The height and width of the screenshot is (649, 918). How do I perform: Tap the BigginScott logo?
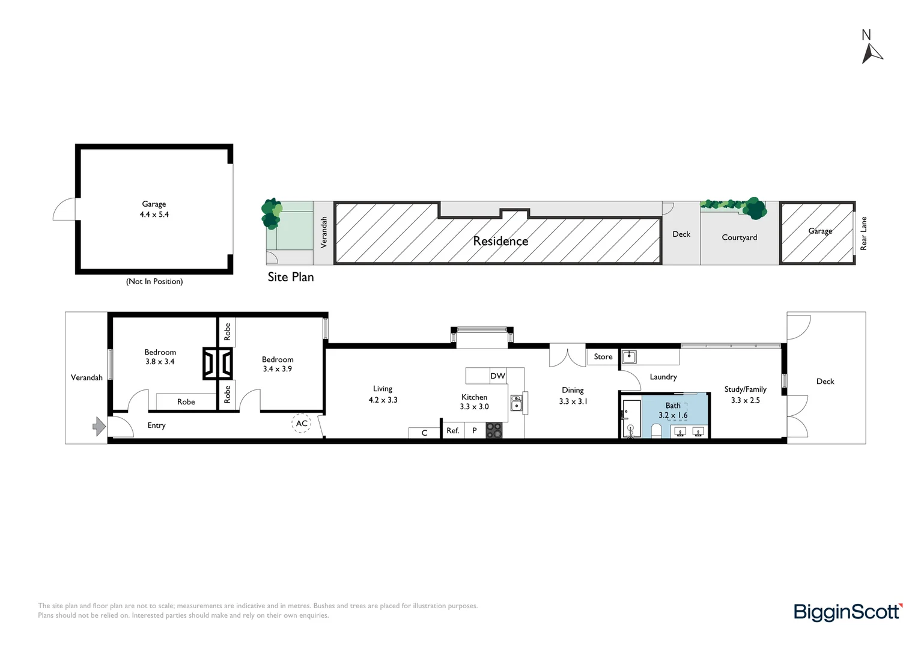(848, 612)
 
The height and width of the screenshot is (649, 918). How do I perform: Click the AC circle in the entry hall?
(302, 423)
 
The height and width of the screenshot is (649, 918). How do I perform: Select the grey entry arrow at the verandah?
(99, 427)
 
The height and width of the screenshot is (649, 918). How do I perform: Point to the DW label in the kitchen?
(497, 376)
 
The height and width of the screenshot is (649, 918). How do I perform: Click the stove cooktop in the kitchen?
(494, 430)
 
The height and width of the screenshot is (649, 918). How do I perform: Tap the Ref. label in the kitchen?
(452, 431)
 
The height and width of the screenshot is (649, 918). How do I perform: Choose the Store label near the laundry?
(603, 356)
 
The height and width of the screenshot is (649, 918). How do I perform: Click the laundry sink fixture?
(628, 357)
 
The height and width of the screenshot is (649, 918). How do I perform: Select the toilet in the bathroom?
(656, 430)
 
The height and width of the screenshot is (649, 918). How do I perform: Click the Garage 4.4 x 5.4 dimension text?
(154, 215)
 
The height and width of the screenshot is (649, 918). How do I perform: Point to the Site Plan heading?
(291, 277)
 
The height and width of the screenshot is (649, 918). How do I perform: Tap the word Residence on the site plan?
(500, 241)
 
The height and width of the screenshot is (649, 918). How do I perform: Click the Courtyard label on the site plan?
(739, 237)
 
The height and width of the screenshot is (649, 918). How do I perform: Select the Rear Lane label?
(863, 233)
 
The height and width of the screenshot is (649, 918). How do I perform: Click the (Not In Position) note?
(154, 281)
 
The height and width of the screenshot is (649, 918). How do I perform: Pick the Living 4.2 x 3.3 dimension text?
(383, 400)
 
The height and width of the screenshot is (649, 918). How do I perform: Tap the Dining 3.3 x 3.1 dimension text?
(573, 401)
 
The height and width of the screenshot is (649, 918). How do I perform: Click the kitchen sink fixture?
(516, 403)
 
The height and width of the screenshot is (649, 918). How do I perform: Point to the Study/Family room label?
(745, 389)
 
